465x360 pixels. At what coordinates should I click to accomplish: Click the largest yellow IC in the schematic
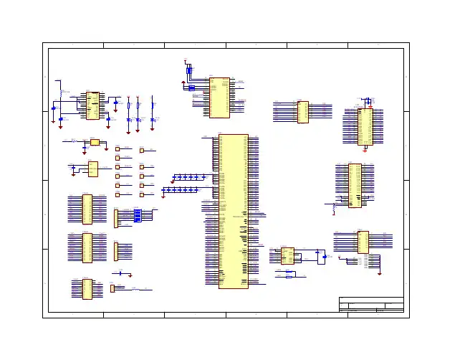(x=234, y=211)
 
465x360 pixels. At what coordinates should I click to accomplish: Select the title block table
(x=370, y=305)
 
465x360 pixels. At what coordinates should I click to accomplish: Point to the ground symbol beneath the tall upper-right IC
(x=365, y=149)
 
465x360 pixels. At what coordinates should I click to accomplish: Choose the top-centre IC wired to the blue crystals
(x=220, y=98)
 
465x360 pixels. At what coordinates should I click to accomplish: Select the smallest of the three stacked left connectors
(x=87, y=288)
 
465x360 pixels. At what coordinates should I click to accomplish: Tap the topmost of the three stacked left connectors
(x=87, y=208)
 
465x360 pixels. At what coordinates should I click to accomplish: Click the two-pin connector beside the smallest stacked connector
(x=112, y=288)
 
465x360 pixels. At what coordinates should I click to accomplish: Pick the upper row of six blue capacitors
(x=186, y=176)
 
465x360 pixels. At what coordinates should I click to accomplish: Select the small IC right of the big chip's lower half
(x=287, y=255)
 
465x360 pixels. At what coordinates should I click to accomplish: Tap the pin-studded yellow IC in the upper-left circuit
(x=92, y=105)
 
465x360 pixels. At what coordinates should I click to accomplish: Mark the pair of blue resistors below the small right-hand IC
(x=289, y=275)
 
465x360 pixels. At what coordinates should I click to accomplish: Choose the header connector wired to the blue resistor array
(x=116, y=218)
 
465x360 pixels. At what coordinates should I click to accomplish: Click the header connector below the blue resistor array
(x=116, y=251)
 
